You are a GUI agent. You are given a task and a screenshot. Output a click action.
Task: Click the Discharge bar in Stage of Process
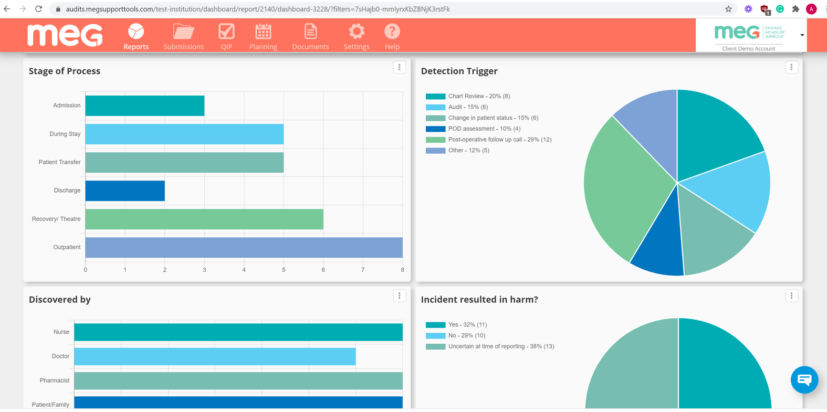(x=125, y=191)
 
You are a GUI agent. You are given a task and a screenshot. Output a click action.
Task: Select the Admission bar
(x=145, y=105)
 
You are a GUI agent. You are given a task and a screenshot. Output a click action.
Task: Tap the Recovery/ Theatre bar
(x=204, y=219)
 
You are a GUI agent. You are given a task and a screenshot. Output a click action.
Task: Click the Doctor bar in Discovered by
(x=215, y=356)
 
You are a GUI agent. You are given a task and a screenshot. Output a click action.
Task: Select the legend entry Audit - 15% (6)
(x=467, y=107)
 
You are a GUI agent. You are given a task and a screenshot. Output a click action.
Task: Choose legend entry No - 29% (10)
(x=466, y=335)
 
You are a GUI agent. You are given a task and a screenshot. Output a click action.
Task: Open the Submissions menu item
(x=183, y=37)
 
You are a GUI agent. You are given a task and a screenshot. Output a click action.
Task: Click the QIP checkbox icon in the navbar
(x=226, y=32)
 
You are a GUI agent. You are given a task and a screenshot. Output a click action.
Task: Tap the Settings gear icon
(x=357, y=32)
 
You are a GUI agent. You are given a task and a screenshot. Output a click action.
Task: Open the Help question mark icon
(x=392, y=32)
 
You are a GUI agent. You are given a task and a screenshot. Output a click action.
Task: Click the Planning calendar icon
(x=263, y=32)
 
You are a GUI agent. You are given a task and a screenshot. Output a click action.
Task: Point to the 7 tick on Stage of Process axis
(x=363, y=270)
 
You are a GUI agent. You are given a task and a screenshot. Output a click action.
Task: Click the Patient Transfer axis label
(x=59, y=162)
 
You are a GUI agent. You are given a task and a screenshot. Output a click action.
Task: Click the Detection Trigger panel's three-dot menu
(x=791, y=67)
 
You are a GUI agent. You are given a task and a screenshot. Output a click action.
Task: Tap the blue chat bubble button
(x=804, y=379)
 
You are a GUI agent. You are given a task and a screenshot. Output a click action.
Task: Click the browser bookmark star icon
(x=728, y=9)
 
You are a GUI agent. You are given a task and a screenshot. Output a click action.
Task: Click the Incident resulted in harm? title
(x=479, y=299)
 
